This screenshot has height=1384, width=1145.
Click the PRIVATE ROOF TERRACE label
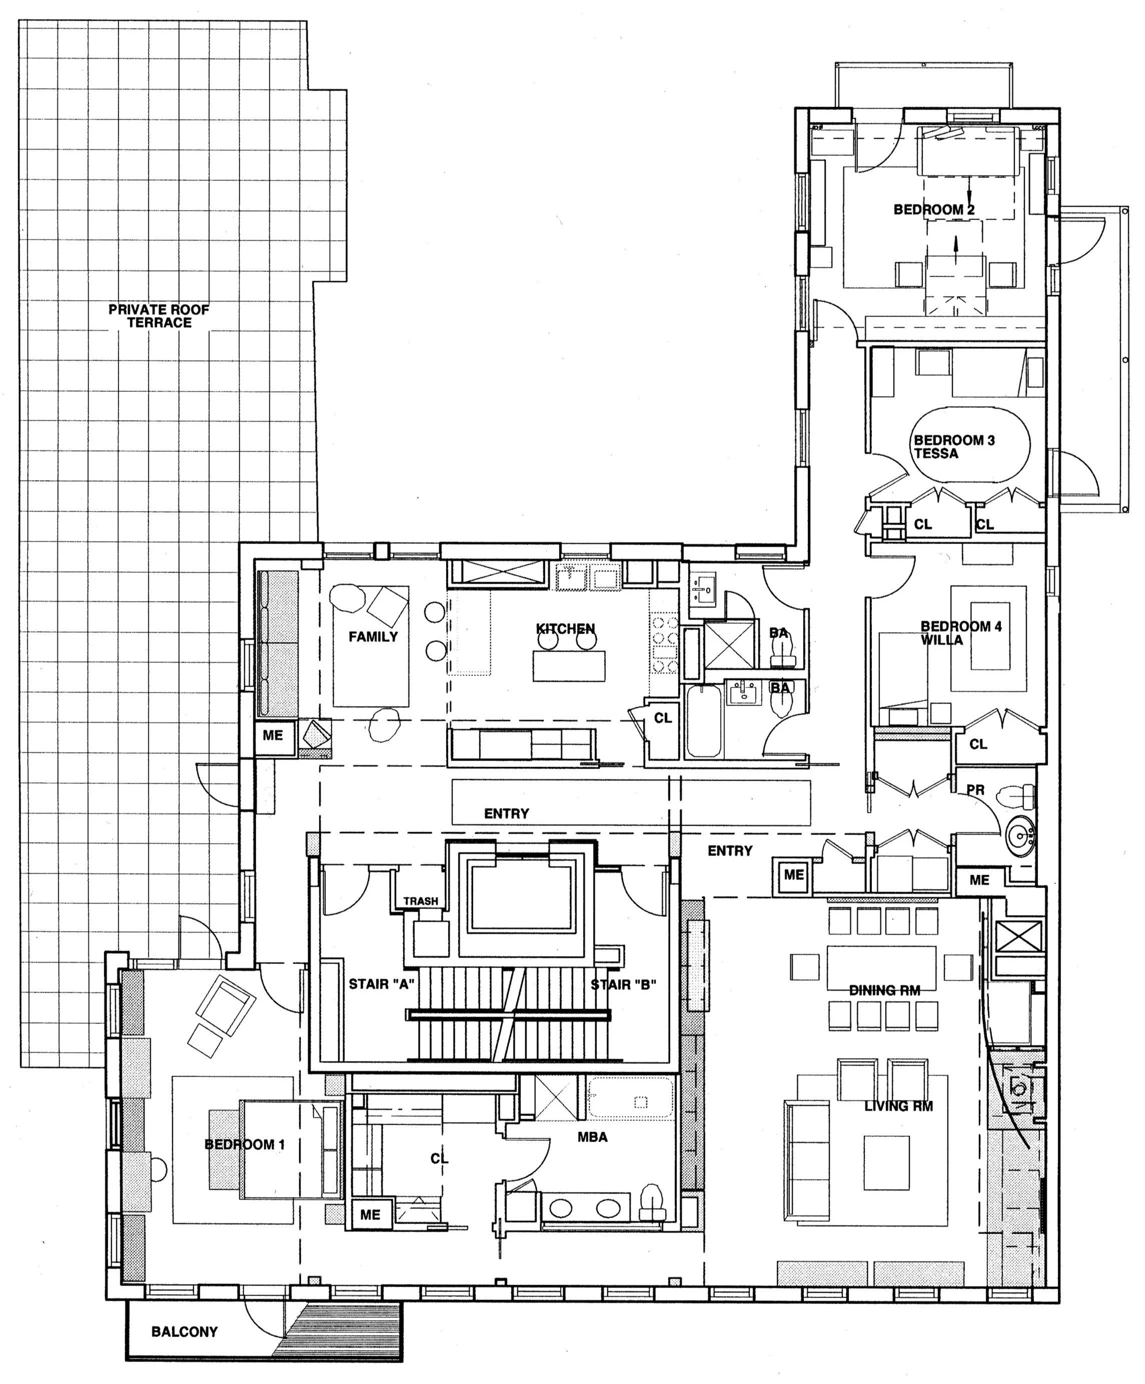tap(159, 315)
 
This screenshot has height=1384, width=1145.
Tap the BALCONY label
tap(184, 1331)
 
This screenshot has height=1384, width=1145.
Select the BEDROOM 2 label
tap(933, 209)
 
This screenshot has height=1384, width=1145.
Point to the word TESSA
tap(935, 453)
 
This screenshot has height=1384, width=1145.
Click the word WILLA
tap(941, 640)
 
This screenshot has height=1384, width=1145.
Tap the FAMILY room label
tap(373, 636)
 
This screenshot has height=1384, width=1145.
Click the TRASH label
tap(421, 901)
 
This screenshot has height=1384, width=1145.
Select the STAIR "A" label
tap(381, 984)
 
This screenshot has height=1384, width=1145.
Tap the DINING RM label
tap(884, 990)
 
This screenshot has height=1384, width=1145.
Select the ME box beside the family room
tap(272, 735)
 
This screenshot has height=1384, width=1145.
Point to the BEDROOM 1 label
tap(245, 1144)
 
